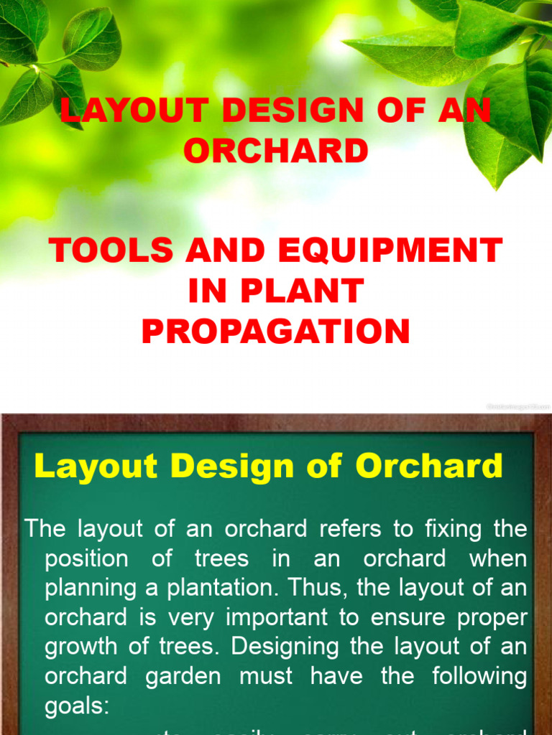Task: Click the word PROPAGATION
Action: (x=276, y=332)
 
